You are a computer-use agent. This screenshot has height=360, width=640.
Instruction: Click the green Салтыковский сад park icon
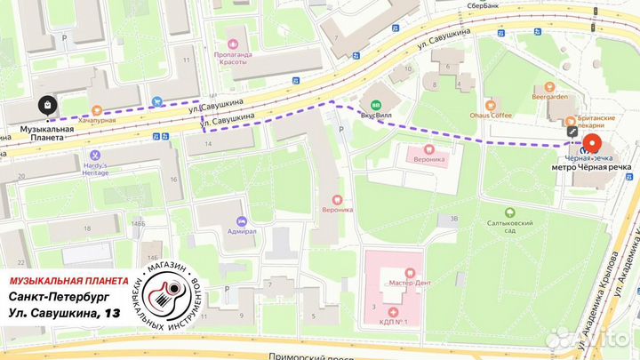click(509, 212)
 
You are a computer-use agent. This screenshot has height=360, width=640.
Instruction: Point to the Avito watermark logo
click(590, 338)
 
